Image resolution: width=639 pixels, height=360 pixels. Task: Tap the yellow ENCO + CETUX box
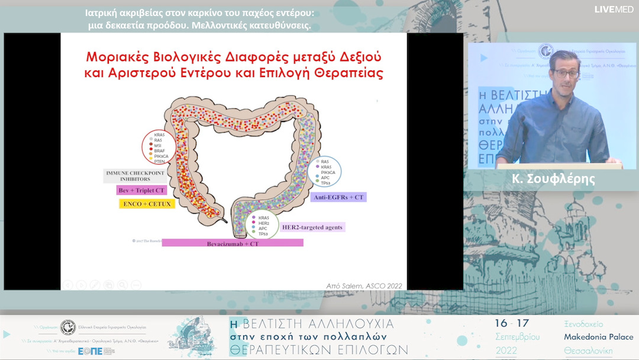pos(145,204)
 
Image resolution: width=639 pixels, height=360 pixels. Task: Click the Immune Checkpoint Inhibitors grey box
pos(127,175)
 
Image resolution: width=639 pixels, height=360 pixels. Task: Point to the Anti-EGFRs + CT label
pos(338,197)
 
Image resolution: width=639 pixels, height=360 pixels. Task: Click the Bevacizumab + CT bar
pos(233,243)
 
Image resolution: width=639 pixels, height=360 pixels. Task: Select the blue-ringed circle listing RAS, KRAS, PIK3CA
pos(324,172)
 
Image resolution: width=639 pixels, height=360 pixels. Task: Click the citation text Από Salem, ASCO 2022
pos(364,286)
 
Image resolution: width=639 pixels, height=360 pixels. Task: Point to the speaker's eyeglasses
pos(565,73)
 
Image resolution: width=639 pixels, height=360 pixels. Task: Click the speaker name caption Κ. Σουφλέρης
pos(553,179)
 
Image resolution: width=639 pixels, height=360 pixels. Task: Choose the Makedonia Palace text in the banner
pos(599,337)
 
